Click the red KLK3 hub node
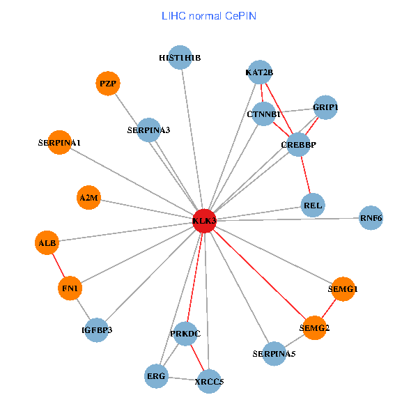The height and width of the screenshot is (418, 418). (204, 220)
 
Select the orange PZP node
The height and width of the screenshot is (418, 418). (107, 84)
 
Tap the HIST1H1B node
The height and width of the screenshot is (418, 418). (180, 58)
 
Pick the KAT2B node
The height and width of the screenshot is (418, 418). (260, 72)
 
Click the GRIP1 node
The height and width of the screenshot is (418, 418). (325, 107)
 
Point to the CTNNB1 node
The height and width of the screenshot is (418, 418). (263, 114)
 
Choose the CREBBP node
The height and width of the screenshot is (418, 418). (298, 144)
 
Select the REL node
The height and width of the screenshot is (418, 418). (313, 205)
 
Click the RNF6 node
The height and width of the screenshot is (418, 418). (371, 218)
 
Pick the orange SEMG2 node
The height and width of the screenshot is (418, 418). (314, 327)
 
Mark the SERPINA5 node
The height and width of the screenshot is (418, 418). (274, 354)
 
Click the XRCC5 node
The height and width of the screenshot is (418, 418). (209, 381)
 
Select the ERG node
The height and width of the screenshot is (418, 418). (156, 376)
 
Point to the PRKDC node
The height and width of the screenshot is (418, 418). (185, 334)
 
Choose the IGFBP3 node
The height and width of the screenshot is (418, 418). (96, 330)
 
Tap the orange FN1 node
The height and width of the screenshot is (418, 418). (70, 288)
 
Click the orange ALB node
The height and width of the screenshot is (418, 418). (47, 243)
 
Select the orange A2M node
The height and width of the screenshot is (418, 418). (89, 198)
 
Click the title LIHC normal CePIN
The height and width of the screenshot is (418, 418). (209, 15)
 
